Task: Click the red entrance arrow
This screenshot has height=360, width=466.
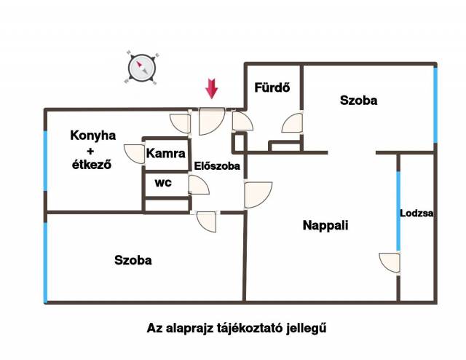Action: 212,88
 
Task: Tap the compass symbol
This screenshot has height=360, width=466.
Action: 141,68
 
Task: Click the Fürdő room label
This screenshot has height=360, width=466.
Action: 272,87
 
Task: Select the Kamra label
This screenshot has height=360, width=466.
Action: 166,154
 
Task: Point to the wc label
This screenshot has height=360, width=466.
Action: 163,183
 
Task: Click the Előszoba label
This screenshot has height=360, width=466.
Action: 217,165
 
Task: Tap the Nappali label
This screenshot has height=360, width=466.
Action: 325,225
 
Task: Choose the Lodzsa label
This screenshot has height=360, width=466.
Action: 416,213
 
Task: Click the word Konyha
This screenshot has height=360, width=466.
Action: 93,136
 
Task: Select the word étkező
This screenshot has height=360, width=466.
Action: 92,164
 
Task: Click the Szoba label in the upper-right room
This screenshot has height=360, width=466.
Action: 359,101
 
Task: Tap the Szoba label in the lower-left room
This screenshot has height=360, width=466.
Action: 133,260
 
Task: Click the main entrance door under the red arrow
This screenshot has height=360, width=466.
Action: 211,121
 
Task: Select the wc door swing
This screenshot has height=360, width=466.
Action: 199,185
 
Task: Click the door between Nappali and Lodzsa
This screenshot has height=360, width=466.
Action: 390,262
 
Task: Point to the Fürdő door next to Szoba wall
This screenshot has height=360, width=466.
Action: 292,123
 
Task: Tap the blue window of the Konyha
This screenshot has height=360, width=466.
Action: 45,160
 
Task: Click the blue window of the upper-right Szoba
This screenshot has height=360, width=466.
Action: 435,105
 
